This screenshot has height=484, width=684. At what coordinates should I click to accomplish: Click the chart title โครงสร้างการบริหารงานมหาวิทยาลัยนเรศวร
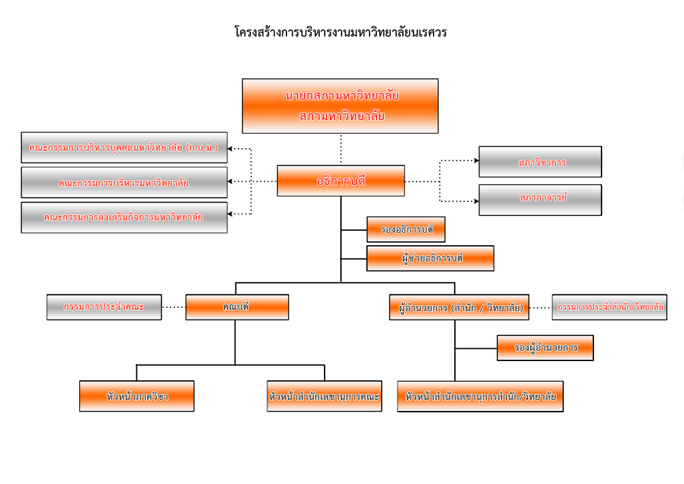[x=340, y=32]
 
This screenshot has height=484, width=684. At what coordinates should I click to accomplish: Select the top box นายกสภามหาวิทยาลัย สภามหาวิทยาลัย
[x=340, y=106]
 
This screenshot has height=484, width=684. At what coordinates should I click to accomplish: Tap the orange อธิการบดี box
[x=340, y=181]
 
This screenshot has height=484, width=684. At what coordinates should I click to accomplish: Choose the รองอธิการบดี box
[x=406, y=230]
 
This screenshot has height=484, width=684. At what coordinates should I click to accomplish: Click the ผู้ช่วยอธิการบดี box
[x=430, y=259]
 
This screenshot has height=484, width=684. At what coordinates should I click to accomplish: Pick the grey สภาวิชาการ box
[x=540, y=162]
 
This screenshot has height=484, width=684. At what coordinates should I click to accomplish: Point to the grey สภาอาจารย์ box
[x=540, y=199]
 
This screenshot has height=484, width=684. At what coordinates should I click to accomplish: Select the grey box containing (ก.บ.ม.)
[x=124, y=147]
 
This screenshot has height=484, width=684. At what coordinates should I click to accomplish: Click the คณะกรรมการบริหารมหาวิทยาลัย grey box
[x=124, y=182]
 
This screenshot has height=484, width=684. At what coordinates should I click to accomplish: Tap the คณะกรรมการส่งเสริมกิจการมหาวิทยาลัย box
[x=124, y=217]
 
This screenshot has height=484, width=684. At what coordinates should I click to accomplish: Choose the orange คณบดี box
[x=237, y=307]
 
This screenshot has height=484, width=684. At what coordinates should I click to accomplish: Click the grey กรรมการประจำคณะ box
[x=104, y=307]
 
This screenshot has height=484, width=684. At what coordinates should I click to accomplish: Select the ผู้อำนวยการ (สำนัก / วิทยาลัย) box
[x=460, y=307]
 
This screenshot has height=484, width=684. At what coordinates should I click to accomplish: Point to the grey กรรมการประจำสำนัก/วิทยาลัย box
[x=610, y=307]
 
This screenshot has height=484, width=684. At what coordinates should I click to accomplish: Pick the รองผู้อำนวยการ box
[x=545, y=347]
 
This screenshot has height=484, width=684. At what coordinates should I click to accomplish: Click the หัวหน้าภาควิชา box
[x=137, y=396]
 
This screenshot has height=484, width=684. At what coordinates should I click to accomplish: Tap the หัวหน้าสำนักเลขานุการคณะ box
[x=325, y=396]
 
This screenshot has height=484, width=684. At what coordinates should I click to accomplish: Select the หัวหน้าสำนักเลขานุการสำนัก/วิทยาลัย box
[x=480, y=396]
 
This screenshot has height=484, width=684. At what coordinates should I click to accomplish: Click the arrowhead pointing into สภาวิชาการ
[x=475, y=161]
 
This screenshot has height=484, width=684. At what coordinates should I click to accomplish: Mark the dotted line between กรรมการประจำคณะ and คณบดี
[x=174, y=307]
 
